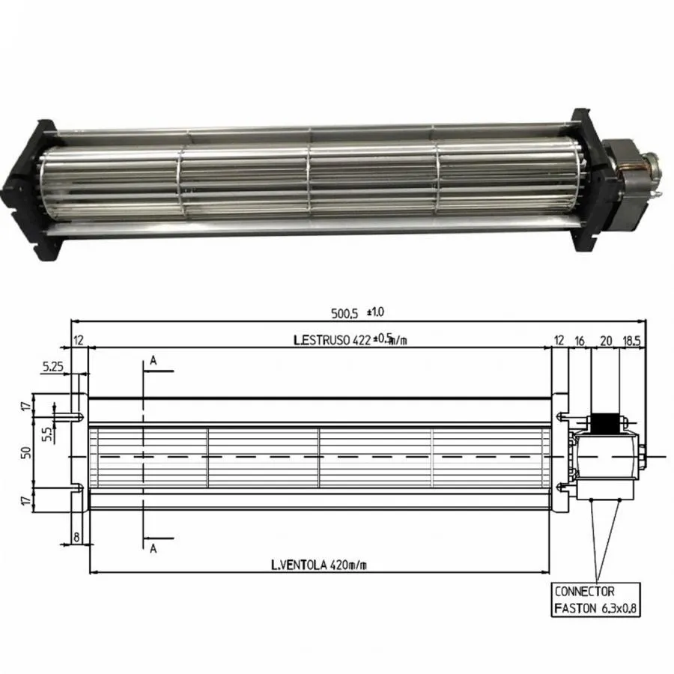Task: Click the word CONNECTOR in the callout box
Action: coord(584,592)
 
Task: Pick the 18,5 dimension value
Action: coord(631,340)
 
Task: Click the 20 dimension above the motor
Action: coord(606,340)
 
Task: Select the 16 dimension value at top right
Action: coord(580,340)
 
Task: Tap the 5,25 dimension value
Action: coord(52,367)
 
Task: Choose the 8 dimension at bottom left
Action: coord(77,536)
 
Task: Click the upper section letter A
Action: coord(153,361)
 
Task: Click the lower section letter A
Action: coord(153,548)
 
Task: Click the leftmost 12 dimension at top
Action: coord(78,340)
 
